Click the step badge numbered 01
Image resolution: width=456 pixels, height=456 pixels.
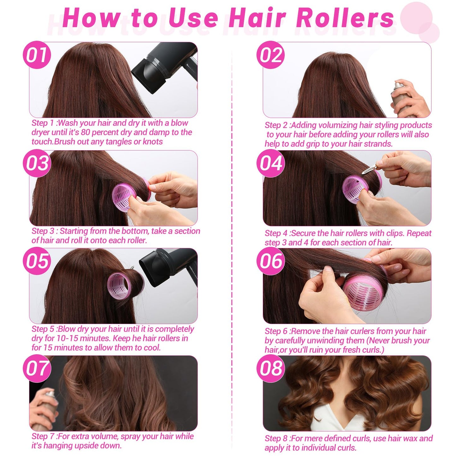(37, 55)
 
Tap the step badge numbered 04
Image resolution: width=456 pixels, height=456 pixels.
(271, 163)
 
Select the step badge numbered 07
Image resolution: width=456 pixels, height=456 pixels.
(37, 368)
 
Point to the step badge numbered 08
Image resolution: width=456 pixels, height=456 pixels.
(271, 368)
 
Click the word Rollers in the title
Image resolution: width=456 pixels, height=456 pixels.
(345, 18)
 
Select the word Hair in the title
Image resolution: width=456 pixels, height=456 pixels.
(257, 18)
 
